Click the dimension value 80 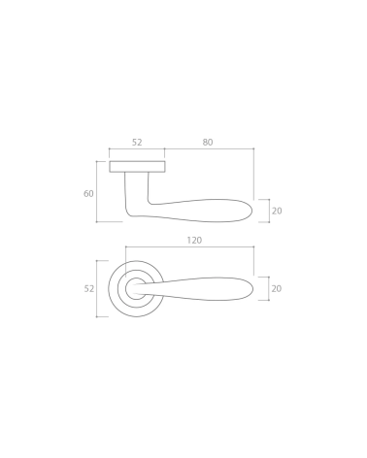pyautogui.click(x=208, y=142)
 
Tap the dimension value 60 pyautogui.click(x=88, y=193)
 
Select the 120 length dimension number pyautogui.click(x=194, y=241)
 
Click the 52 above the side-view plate pyautogui.click(x=137, y=142)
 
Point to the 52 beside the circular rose pyautogui.click(x=89, y=288)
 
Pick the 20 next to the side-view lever pyautogui.click(x=277, y=211)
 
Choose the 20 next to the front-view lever pyautogui.click(x=277, y=288)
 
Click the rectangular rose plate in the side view pyautogui.click(x=137, y=166)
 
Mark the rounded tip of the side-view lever pyautogui.click(x=251, y=211)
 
